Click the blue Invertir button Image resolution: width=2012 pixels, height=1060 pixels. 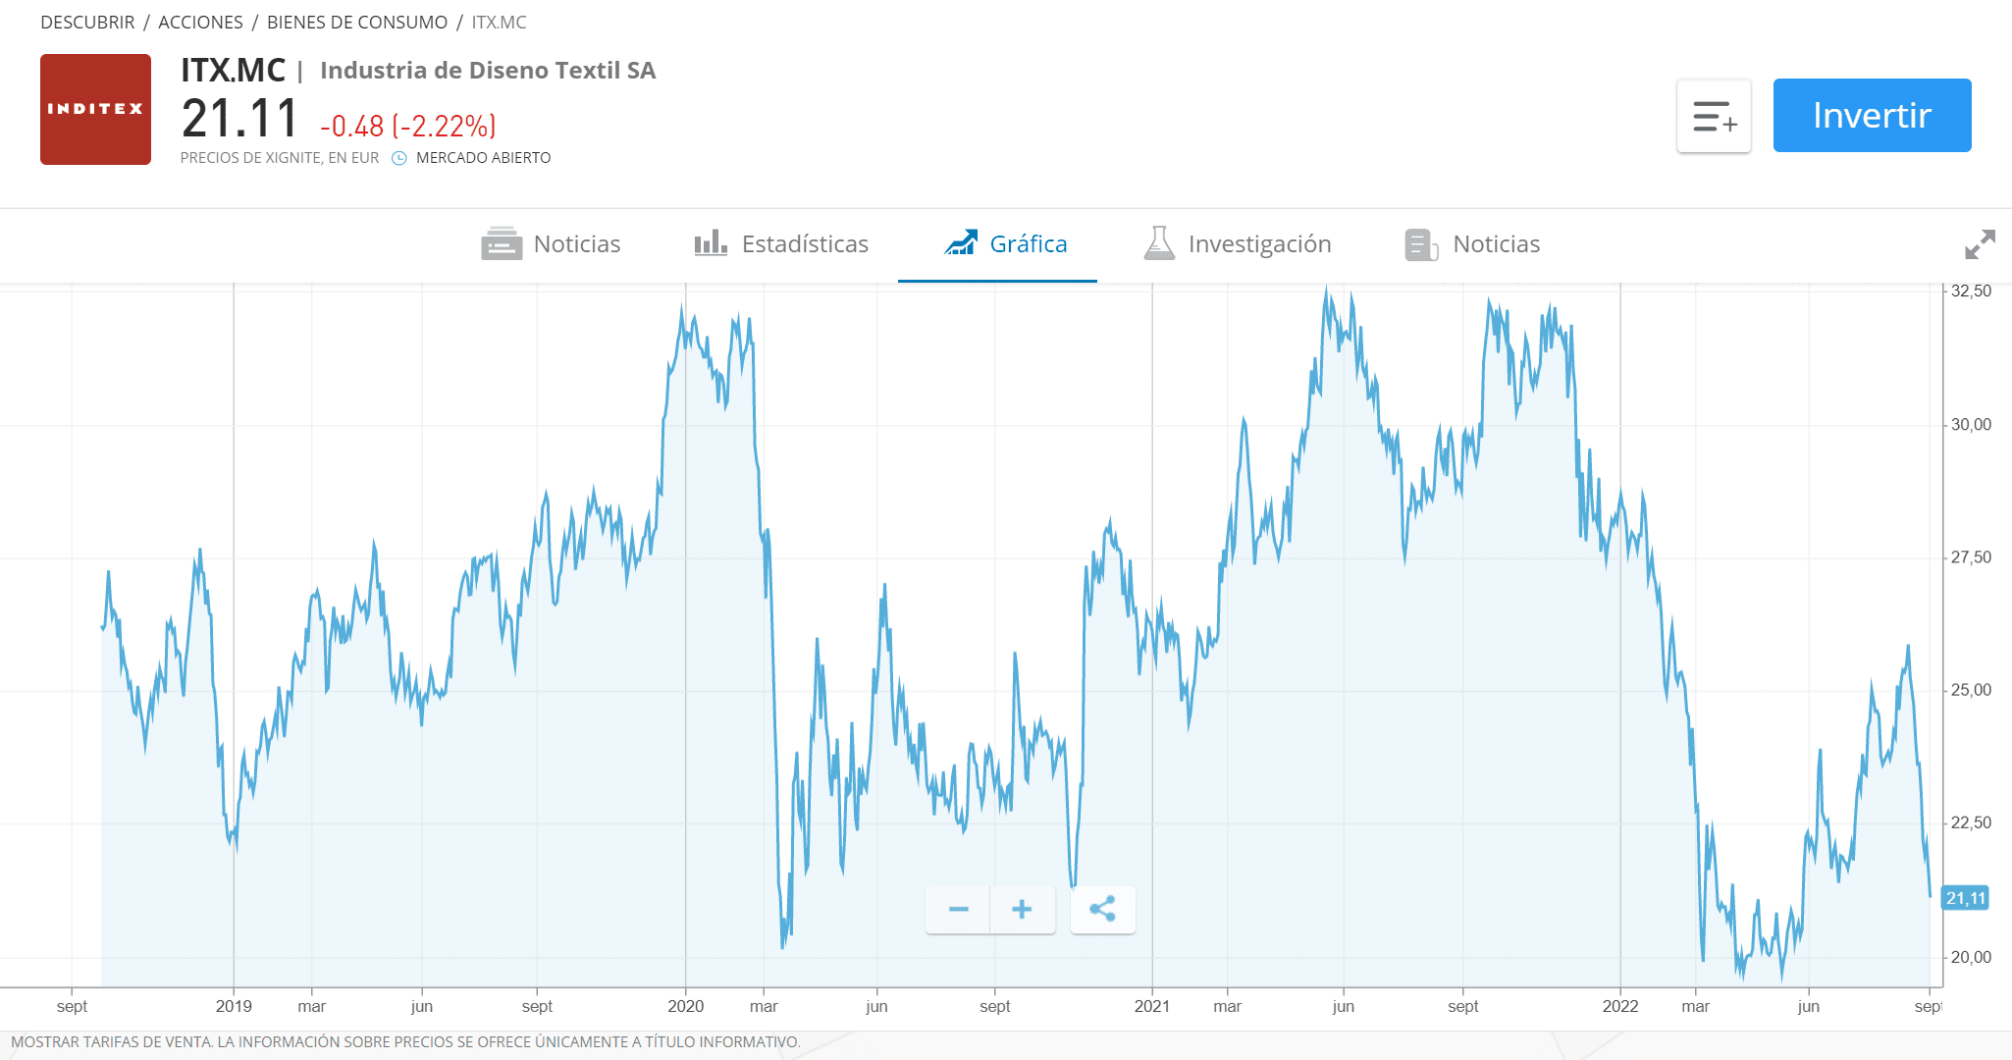(1872, 116)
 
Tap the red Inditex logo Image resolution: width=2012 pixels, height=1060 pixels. (95, 109)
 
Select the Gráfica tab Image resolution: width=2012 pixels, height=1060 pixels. (1006, 243)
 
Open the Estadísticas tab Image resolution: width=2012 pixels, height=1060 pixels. (781, 243)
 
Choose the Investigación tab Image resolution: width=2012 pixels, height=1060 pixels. (1239, 243)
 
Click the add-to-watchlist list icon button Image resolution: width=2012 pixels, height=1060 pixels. (1714, 116)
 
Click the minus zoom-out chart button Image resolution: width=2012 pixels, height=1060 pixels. (958, 910)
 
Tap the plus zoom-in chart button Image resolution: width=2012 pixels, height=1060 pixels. (1022, 910)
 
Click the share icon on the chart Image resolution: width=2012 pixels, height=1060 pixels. (1102, 910)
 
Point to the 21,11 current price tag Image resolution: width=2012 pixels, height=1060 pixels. (1965, 898)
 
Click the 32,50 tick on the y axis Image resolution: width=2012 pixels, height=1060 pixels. (1971, 291)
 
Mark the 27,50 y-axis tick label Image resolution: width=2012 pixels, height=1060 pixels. (1971, 557)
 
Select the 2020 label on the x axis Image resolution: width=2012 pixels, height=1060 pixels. (685, 1006)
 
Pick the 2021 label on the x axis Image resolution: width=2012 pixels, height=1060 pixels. (1151, 1006)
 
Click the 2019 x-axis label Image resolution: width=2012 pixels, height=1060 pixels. (234, 1006)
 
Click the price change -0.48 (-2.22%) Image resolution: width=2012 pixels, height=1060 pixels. (408, 127)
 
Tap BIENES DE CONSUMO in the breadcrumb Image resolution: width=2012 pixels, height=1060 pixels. (357, 22)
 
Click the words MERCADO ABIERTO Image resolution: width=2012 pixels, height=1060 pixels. (483, 158)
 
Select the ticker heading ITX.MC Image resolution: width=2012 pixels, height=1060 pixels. (233, 71)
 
